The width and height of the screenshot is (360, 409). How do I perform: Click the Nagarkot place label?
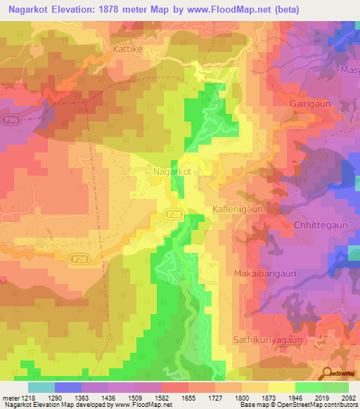coord(172,171)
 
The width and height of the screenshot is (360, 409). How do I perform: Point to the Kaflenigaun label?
coord(238,209)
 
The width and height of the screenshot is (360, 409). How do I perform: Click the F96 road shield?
coord(10,120)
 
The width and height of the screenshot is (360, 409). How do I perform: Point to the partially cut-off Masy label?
coord(349,71)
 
